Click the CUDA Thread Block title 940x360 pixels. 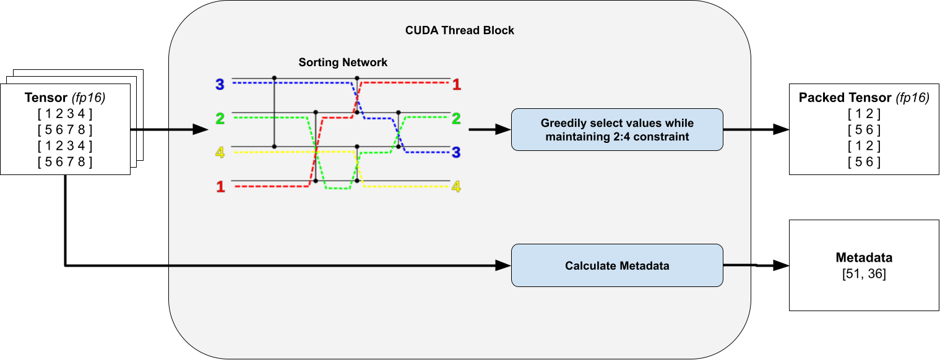(459, 30)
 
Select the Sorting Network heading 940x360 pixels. (343, 62)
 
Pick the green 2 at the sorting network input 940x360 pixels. (220, 118)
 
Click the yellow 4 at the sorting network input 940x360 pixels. (220, 152)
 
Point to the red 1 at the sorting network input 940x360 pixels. (220, 186)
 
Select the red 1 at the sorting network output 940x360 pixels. (457, 85)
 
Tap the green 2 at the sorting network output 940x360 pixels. (457, 118)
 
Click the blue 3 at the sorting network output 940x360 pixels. (457, 152)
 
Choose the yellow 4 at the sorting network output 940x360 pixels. (457, 186)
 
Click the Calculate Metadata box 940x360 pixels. (617, 265)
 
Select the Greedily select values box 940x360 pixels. (617, 129)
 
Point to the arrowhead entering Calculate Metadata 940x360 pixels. (504, 265)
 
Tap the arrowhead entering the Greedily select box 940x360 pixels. (504, 130)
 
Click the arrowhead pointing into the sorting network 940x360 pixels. (201, 130)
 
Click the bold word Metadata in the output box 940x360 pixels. (864, 258)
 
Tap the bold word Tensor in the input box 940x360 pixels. (46, 98)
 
